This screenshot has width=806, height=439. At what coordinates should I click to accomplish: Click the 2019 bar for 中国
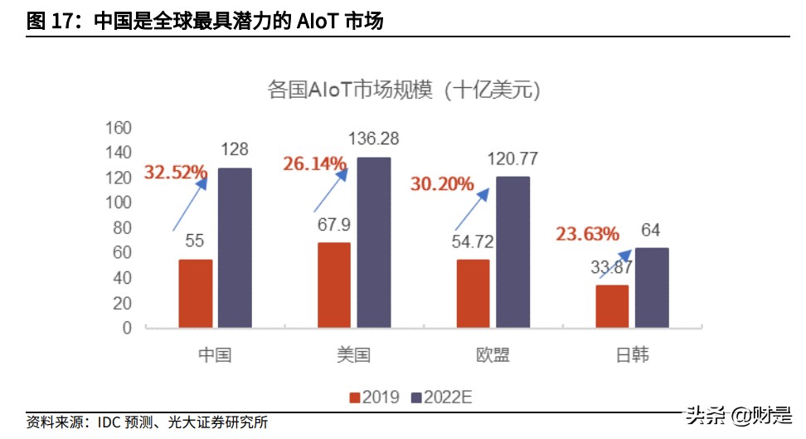tap(196, 294)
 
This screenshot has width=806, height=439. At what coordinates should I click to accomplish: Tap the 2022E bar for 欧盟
tap(512, 252)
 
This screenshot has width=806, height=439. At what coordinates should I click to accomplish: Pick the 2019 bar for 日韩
tap(612, 306)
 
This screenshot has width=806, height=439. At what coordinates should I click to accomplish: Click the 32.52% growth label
tap(176, 173)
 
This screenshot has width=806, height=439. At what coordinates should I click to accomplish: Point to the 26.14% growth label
tap(314, 164)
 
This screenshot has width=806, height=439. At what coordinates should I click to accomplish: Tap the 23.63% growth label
tap(587, 233)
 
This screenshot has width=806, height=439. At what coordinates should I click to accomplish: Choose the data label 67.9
tap(334, 224)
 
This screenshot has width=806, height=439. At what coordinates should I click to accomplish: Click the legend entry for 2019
tap(375, 397)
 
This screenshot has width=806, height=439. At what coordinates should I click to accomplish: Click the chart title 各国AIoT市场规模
tap(404, 89)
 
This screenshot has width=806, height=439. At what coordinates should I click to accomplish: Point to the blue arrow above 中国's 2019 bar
tap(189, 204)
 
